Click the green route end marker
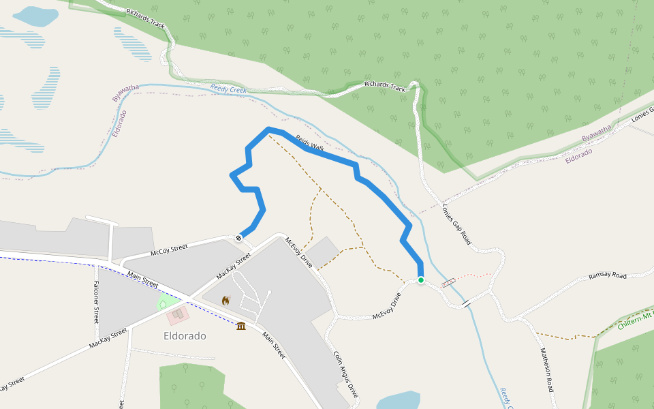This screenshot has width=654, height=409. pyautogui.click(x=421, y=280)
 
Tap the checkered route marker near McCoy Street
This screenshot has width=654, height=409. pyautogui.click(x=239, y=237)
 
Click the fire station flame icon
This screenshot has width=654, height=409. pyautogui.click(x=225, y=300)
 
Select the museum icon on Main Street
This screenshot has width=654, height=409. pyautogui.click(x=240, y=326)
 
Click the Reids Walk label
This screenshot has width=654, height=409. pyautogui.click(x=309, y=142)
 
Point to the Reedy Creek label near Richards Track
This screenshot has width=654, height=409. pyautogui.click(x=228, y=89)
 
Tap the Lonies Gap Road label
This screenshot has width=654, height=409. pyautogui.click(x=456, y=224)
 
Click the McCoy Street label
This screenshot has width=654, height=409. pyautogui.click(x=169, y=250)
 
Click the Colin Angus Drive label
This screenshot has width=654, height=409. pyautogui.click(x=345, y=374)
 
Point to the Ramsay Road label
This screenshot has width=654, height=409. pyautogui.click(x=607, y=276)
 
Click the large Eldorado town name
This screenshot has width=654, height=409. pyautogui.click(x=185, y=336)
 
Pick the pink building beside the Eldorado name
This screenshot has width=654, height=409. pyautogui.click(x=178, y=315)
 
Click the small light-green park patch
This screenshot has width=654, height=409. pyautogui.click(x=163, y=303)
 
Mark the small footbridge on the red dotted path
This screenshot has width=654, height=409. pyautogui.click(x=449, y=282)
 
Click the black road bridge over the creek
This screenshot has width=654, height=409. pyautogui.click(x=467, y=303)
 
